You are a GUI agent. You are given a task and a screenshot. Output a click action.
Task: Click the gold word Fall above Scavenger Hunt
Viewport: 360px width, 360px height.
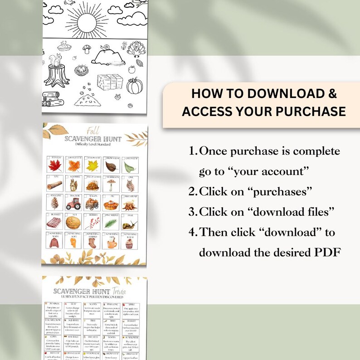tap(93, 131)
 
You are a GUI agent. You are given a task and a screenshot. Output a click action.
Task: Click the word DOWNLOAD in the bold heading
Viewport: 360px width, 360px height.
tap(279, 94)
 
